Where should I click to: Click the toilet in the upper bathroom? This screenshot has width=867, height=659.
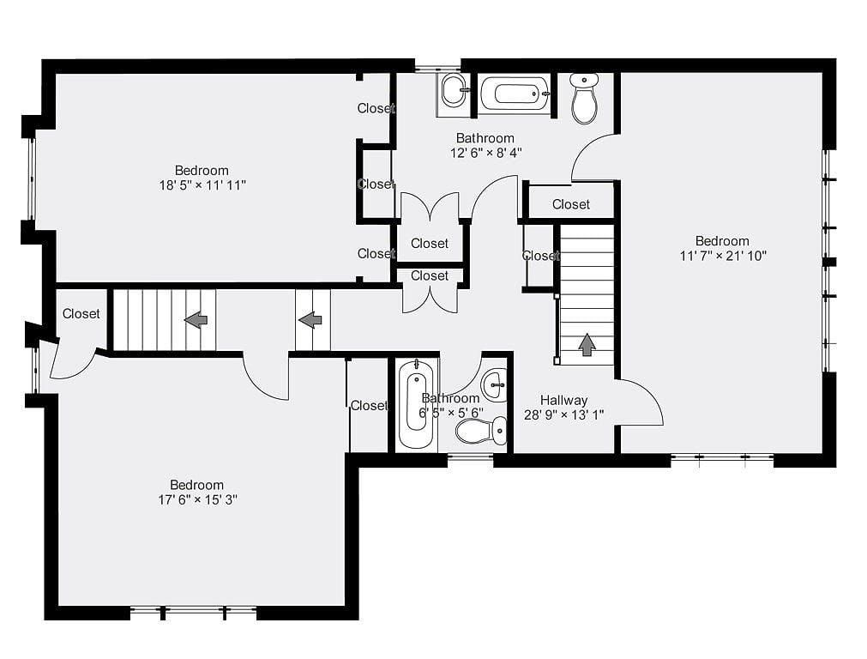[584, 99]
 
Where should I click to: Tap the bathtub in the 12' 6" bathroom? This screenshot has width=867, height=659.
[515, 94]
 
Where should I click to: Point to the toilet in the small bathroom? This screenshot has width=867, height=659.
[482, 431]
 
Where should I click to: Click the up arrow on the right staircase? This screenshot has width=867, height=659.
[587, 344]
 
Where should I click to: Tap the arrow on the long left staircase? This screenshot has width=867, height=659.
[196, 320]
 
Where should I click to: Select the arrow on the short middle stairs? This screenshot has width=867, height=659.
[310, 320]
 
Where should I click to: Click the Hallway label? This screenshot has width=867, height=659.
[563, 400]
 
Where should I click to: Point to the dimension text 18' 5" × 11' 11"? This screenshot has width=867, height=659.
[202, 185]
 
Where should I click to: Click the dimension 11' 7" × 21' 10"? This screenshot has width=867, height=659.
[723, 256]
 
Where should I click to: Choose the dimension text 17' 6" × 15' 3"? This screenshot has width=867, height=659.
[197, 499]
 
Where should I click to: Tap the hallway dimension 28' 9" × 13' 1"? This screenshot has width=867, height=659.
[563, 414]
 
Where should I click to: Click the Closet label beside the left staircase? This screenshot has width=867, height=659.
[81, 314]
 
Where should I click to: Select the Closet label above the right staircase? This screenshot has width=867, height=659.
[570, 204]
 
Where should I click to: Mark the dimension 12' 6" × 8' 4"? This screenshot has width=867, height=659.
[485, 153]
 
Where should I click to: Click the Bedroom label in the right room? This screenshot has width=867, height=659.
[722, 241]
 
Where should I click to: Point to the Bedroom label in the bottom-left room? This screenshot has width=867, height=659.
[197, 485]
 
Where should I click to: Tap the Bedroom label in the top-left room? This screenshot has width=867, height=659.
[202, 171]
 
